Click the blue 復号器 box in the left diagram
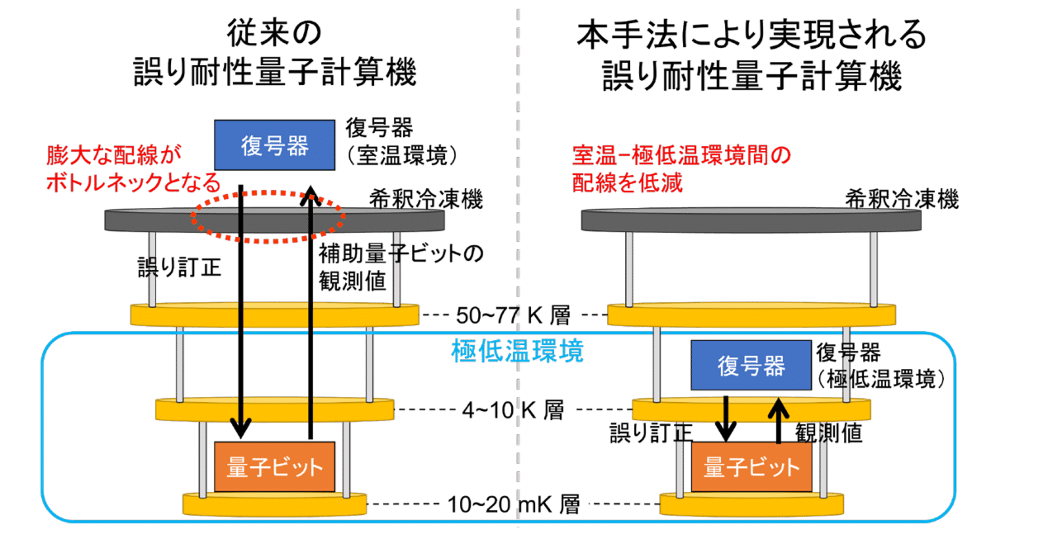pyautogui.click(x=275, y=145)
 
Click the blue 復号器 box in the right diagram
pyautogui.click(x=751, y=365)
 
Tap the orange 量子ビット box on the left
pyautogui.click(x=275, y=466)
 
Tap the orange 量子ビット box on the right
pyautogui.click(x=751, y=466)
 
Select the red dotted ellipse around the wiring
pyautogui.click(x=267, y=217)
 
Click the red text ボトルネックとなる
pyautogui.click(x=132, y=182)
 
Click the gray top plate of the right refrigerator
pyautogui.click(x=751, y=220)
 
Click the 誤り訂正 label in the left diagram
pyautogui.click(x=179, y=269)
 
